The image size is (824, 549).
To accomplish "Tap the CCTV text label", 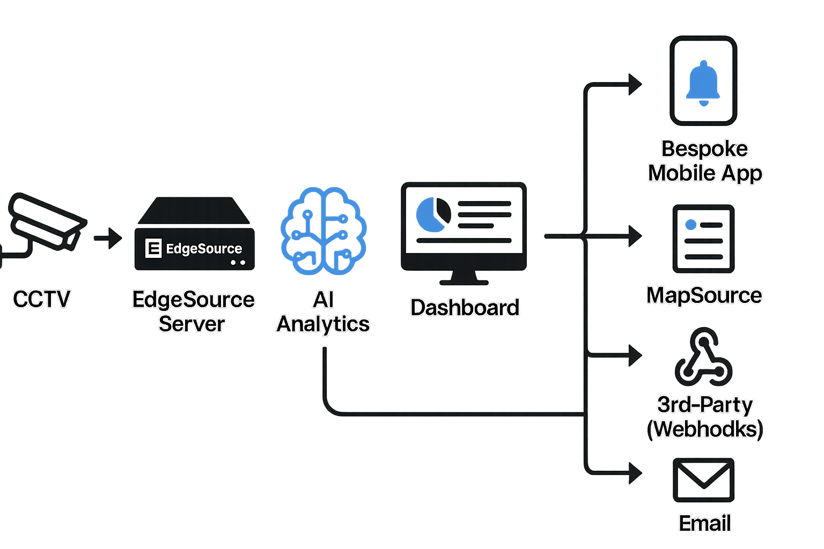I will pyautogui.click(x=41, y=299).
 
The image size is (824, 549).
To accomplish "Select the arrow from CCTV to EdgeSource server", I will pyautogui.click(x=109, y=238).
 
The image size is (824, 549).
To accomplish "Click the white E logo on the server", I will pyautogui.click(x=153, y=248).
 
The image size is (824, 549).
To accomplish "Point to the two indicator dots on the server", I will pyautogui.click(x=238, y=263).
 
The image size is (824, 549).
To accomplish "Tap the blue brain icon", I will pyautogui.click(x=323, y=231).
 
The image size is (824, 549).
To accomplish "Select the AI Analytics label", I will pyautogui.click(x=323, y=311).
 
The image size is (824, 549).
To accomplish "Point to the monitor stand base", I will pyautogui.click(x=464, y=281).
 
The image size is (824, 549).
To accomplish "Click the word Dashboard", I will pyautogui.click(x=465, y=308).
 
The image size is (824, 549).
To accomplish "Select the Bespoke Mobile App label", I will pyautogui.click(x=705, y=161).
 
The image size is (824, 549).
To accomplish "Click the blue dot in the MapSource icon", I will pyautogui.click(x=691, y=225).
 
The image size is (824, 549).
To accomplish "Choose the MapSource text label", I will pyautogui.click(x=704, y=295).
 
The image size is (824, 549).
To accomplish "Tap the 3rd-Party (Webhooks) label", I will pyautogui.click(x=705, y=417).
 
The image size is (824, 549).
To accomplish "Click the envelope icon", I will pyautogui.click(x=703, y=480).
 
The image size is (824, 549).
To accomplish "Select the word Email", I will pyautogui.click(x=704, y=523).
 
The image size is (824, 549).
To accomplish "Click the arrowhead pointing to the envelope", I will pyautogui.click(x=635, y=473).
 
